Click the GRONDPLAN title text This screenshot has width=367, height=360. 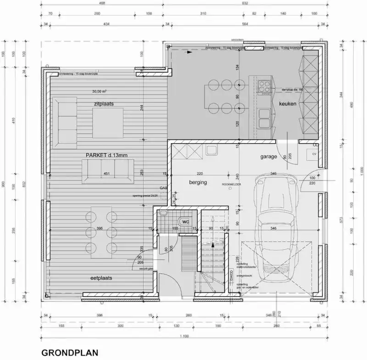(x=69, y=353)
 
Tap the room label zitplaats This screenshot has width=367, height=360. (x=103, y=104)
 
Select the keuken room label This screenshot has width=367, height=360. (x=288, y=104)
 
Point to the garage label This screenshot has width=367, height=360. (x=269, y=157)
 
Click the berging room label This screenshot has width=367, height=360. (x=198, y=182)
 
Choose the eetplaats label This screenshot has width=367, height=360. (x=101, y=278)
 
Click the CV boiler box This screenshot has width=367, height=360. (x=315, y=154)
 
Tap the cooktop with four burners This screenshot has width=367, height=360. (x=264, y=87)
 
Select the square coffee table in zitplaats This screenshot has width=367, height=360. (x=108, y=123)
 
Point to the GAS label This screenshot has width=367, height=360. (x=162, y=188)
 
